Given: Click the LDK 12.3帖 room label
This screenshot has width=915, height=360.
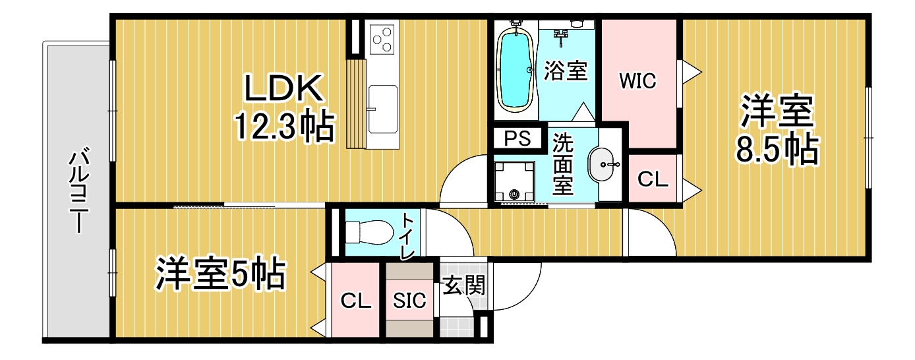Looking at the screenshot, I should (283, 107).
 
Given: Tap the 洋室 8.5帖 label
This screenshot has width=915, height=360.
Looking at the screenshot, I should (777, 130).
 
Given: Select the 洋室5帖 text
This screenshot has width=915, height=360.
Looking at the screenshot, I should (220, 274).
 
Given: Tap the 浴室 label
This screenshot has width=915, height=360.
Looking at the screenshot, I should (566, 71).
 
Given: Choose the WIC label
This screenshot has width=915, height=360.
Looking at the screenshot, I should (637, 81).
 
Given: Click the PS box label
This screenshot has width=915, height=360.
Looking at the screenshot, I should (517, 139).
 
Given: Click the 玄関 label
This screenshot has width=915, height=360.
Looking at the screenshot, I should (464, 285).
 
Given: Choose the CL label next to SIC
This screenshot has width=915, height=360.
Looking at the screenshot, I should (356, 301).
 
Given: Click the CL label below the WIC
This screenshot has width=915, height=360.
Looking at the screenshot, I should (653, 179).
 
